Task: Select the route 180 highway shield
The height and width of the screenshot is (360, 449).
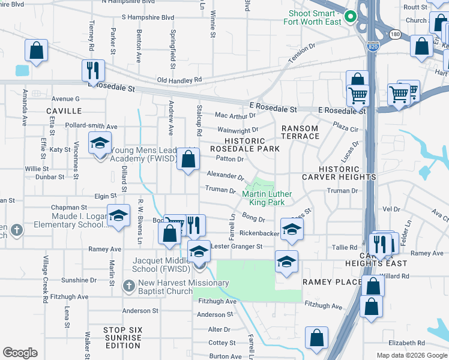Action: pos(394,34)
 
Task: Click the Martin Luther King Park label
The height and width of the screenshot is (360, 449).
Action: pos(267,198)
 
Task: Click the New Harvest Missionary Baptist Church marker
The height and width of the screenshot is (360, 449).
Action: pos(128,286)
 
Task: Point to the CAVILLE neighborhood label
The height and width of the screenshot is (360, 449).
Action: pos(63,111)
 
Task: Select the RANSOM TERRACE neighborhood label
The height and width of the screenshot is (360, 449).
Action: pos(301,132)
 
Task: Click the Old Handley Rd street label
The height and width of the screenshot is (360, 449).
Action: pos(179,80)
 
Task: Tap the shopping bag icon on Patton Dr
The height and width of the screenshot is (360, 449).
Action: pos(188,160)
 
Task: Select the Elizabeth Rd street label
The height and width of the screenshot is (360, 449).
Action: pos(406,343)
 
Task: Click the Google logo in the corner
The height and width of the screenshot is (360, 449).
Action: pos(20,353)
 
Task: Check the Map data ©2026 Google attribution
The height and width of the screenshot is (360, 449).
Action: pos(411,355)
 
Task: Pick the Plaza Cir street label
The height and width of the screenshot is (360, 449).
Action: pos(346,128)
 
